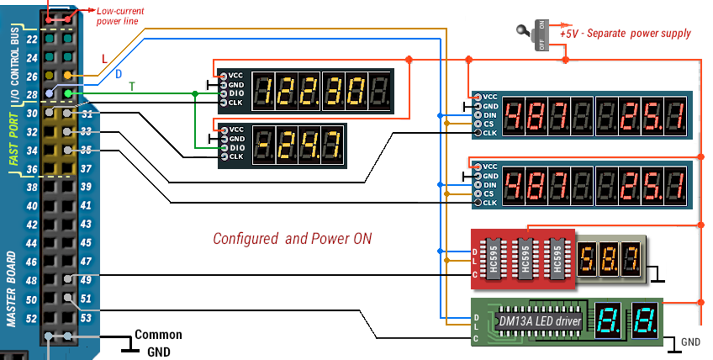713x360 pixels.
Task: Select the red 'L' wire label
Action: click(104, 59)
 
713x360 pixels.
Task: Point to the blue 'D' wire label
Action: click(119, 74)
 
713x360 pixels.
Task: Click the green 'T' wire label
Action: click(131, 87)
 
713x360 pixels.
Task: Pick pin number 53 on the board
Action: click(85, 318)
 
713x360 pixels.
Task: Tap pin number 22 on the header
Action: click(31, 40)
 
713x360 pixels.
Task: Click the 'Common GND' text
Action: click(157, 341)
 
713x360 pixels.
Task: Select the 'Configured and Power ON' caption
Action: click(292, 238)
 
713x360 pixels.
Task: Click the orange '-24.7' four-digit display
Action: click(298, 145)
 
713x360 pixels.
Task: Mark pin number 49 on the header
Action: click(85, 280)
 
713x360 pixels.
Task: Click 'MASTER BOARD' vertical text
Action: click(13, 286)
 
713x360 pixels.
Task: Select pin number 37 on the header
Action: click(85, 168)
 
